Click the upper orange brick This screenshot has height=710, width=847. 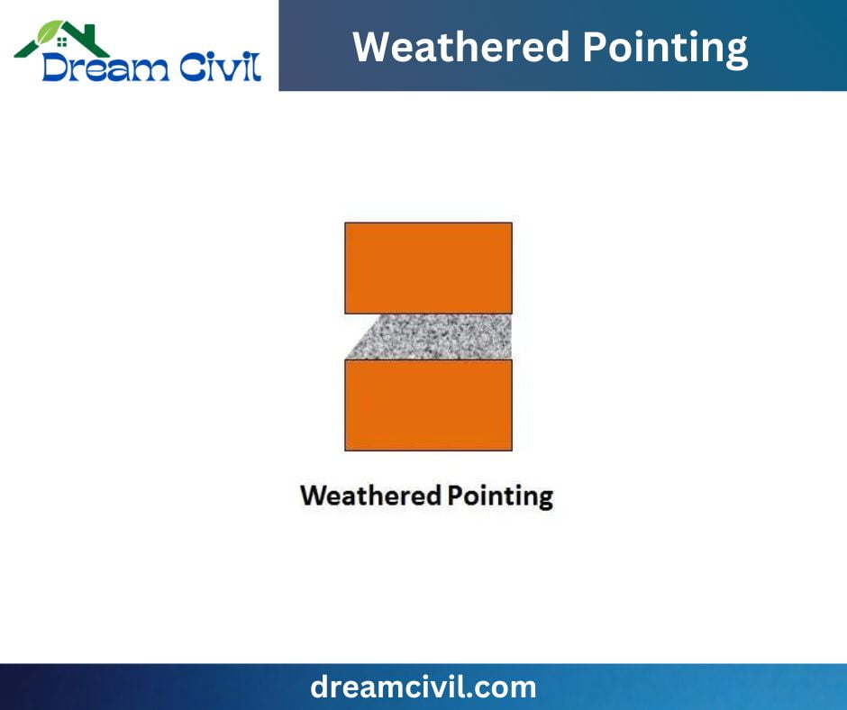(428, 268)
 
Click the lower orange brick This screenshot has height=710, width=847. (428, 405)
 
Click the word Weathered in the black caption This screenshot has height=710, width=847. (370, 496)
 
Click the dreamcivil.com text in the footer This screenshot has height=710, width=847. (423, 687)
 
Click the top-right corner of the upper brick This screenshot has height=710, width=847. (511, 223)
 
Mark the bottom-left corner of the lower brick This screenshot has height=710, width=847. (346, 450)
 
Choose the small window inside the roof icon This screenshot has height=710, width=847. (61, 41)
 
